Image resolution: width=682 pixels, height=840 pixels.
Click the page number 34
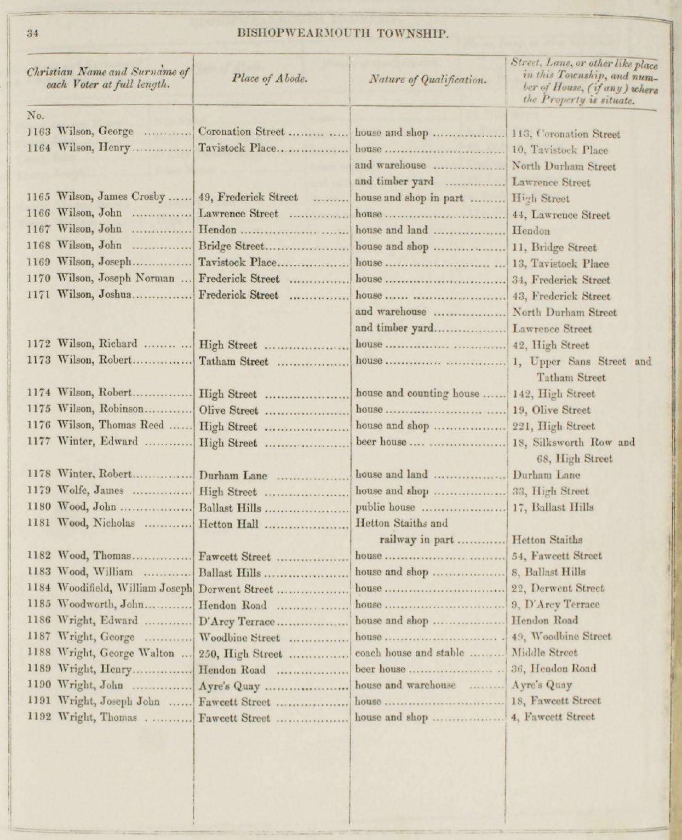[x=32, y=33]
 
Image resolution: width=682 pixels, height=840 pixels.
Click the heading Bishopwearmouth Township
[x=343, y=34]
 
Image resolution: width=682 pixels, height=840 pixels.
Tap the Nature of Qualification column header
[x=428, y=80]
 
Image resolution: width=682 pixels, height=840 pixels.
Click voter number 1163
[x=38, y=132]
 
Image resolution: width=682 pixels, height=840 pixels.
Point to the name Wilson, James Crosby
[x=112, y=198]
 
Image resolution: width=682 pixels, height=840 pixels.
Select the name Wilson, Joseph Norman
[x=116, y=279]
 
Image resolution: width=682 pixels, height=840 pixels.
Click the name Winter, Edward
[x=98, y=442]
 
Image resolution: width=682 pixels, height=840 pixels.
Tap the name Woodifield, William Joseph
[x=125, y=589]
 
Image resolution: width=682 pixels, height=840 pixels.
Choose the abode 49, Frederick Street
[x=248, y=198]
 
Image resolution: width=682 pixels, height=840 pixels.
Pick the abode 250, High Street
[x=240, y=654]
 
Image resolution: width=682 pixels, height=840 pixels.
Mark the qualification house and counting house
[x=417, y=393]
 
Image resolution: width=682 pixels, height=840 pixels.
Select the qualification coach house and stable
[x=410, y=653]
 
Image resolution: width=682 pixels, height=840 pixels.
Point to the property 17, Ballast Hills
[x=553, y=507]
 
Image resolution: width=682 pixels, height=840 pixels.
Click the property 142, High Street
[x=553, y=393]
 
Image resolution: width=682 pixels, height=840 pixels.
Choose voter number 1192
[x=38, y=717]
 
